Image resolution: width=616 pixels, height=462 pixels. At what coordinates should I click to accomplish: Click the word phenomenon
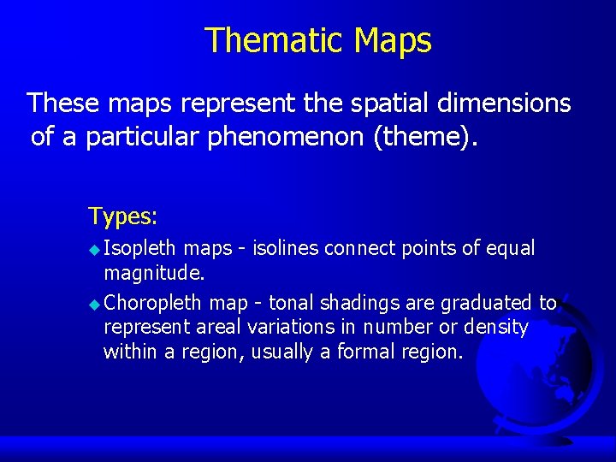coord(286,137)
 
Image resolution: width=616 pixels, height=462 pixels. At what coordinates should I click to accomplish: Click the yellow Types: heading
coord(122,216)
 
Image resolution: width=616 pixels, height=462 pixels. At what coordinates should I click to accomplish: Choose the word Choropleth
coord(153,303)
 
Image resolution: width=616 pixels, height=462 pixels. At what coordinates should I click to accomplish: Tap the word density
coord(496,327)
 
